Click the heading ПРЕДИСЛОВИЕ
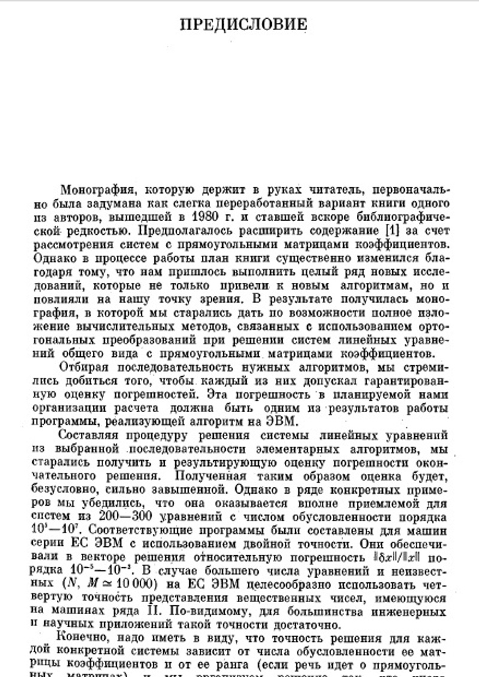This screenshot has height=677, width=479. coord(244,24)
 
